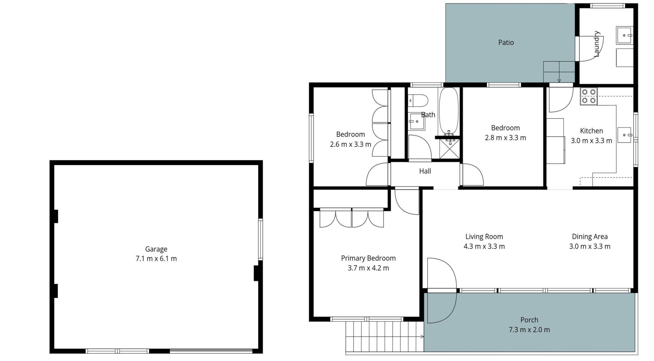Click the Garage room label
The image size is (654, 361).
[156, 249]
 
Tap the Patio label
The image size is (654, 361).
[506, 43]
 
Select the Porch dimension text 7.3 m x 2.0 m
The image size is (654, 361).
[529, 330]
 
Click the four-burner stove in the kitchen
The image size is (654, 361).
[589, 96]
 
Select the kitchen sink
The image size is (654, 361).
[625, 135]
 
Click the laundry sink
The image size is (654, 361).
[624, 35]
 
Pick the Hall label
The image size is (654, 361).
[425, 171]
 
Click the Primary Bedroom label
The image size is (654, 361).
[368, 258]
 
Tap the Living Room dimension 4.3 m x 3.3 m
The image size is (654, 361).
[484, 246]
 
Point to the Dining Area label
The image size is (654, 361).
[590, 237]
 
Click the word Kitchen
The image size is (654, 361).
[591, 131]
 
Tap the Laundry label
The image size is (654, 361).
[596, 44]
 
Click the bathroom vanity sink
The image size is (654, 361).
[417, 121]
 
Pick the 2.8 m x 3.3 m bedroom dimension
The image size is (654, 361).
[505, 138]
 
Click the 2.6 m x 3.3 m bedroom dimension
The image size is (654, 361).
[351, 145]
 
